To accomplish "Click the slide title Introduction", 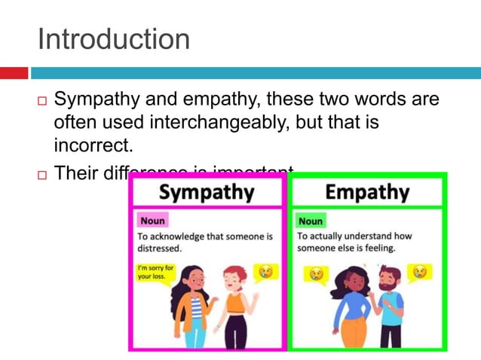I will [x=113, y=39].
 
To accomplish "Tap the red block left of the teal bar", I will [x=14, y=73].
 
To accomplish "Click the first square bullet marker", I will [x=42, y=100].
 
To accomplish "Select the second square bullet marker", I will [x=42, y=175].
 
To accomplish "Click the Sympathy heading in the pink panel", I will [x=207, y=192].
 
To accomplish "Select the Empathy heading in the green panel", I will [x=366, y=192].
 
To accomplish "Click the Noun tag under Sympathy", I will [x=152, y=221].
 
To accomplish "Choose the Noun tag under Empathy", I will [x=310, y=221].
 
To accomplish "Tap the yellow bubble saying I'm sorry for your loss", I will [x=156, y=272].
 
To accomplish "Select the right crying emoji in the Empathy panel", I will [x=419, y=271].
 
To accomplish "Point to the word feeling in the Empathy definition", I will [x=375, y=248].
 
